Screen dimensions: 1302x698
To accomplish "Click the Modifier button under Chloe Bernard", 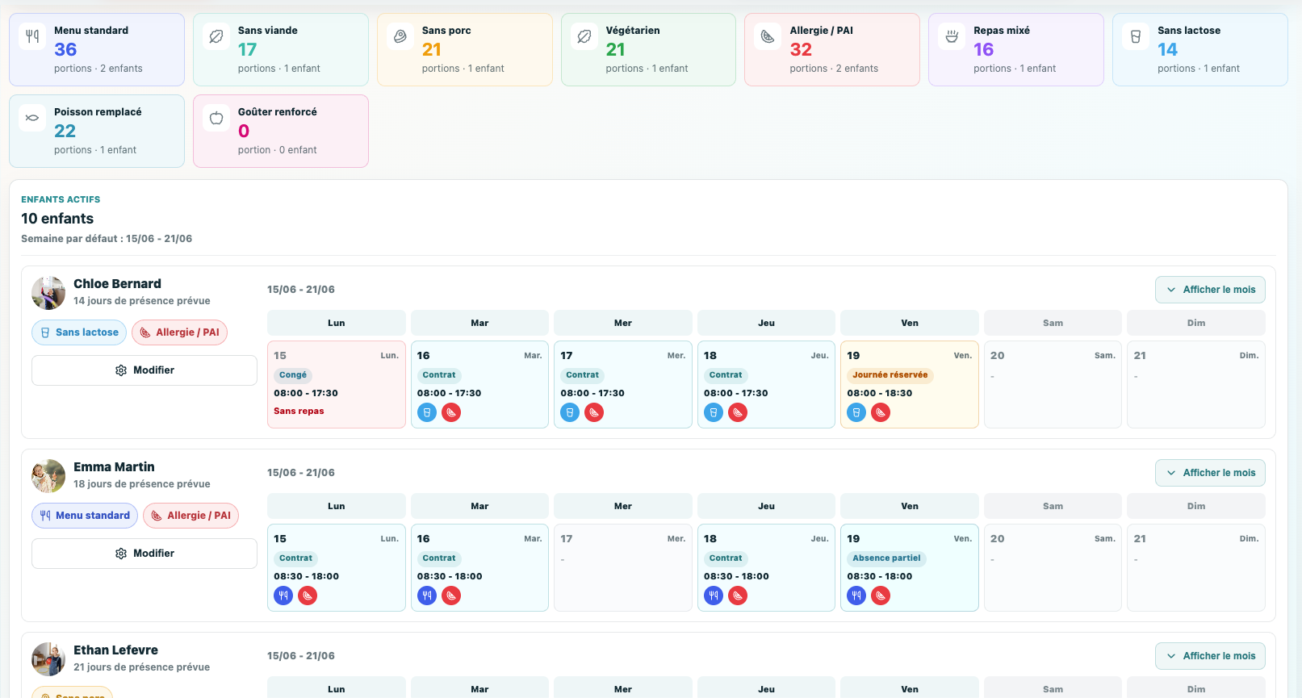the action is [144, 370].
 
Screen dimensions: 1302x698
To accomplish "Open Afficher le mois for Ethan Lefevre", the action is [1210, 655].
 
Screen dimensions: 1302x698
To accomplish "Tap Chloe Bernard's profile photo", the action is [48, 293].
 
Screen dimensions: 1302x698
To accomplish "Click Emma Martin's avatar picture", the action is [48, 476].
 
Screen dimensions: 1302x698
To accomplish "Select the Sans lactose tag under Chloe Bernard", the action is [79, 332].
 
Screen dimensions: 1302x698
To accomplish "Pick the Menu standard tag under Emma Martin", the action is [85, 516].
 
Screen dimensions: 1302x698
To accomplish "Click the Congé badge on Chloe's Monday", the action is [293, 375].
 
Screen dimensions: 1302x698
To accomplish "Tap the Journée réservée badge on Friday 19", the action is [890, 375].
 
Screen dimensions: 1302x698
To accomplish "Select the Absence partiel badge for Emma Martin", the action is [886, 558].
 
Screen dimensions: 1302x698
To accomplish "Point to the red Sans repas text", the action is [299, 411].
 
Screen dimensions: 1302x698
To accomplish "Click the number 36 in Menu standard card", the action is [65, 49].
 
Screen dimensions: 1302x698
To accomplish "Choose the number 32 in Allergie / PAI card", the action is [801, 49].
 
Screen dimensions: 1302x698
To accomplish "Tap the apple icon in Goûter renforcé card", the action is [216, 118].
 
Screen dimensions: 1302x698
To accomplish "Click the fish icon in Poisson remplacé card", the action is [32, 118].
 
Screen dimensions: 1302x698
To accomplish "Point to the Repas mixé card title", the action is [1002, 30].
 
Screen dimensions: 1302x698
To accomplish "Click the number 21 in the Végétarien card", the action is [616, 49].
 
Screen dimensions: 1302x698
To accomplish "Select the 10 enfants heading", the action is [57, 219].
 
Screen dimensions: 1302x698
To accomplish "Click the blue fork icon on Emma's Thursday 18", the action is [714, 596].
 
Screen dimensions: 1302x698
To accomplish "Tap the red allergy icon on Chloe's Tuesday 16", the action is [451, 412].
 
